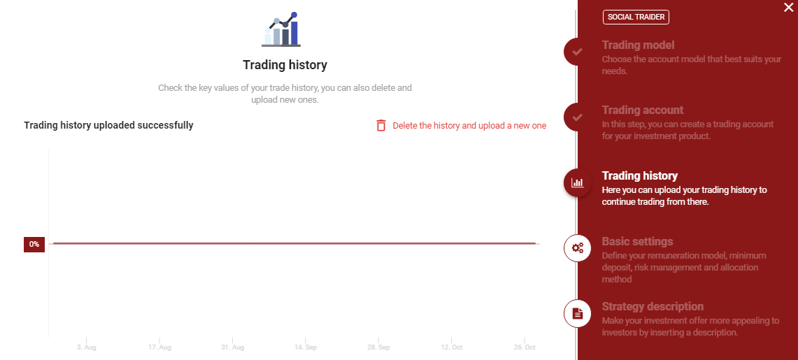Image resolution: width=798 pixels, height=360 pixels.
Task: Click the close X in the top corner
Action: tap(788, 8)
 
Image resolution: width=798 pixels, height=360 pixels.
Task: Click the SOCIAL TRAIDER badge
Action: tap(636, 17)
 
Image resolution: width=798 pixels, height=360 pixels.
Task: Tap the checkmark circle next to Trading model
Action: tap(577, 51)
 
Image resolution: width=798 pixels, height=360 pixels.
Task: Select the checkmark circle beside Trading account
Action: tap(577, 117)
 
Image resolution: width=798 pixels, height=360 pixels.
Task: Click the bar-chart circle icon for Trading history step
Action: tap(577, 182)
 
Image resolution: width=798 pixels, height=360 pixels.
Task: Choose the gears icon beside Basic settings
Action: tap(577, 248)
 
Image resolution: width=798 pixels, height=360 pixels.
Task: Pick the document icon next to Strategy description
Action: tap(577, 313)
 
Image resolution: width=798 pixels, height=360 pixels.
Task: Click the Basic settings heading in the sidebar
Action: tap(637, 241)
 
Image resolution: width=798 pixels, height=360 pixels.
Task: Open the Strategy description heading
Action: tap(653, 306)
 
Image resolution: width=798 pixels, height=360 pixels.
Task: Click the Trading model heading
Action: tap(639, 45)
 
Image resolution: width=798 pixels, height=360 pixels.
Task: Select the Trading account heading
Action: tap(643, 110)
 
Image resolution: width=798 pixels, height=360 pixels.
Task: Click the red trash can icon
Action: tap(381, 125)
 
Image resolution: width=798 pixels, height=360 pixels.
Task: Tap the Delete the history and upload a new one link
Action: tap(469, 126)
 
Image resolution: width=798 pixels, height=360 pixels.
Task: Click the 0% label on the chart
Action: tap(34, 244)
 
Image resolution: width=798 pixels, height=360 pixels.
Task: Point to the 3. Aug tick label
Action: tap(87, 347)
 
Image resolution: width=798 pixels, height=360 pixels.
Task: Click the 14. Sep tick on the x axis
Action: tap(306, 347)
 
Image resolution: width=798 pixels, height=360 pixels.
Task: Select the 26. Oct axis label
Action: tap(525, 347)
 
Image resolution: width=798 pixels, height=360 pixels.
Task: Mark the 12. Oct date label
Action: tap(451, 347)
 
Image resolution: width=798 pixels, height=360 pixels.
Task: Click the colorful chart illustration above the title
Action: tap(281, 29)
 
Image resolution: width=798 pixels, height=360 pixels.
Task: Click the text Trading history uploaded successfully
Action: tap(108, 125)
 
